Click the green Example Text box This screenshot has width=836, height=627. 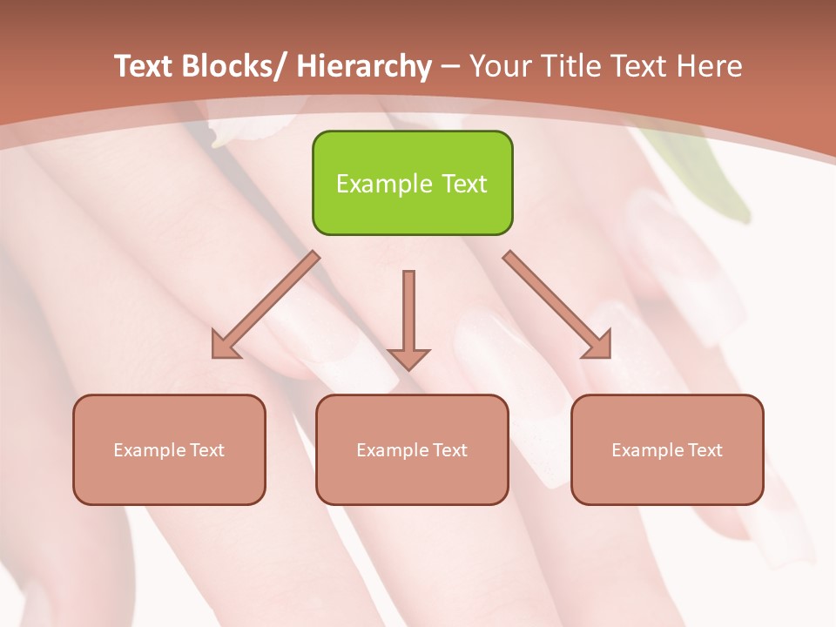[412, 183]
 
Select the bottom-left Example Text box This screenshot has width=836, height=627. [169, 449]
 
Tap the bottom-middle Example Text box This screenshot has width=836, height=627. [412, 449]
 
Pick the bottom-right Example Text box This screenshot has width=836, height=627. [667, 449]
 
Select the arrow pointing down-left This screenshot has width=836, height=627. [266, 305]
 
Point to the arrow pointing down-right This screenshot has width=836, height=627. [557, 305]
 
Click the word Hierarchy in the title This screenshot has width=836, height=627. [364, 66]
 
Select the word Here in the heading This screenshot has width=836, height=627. [709, 66]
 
